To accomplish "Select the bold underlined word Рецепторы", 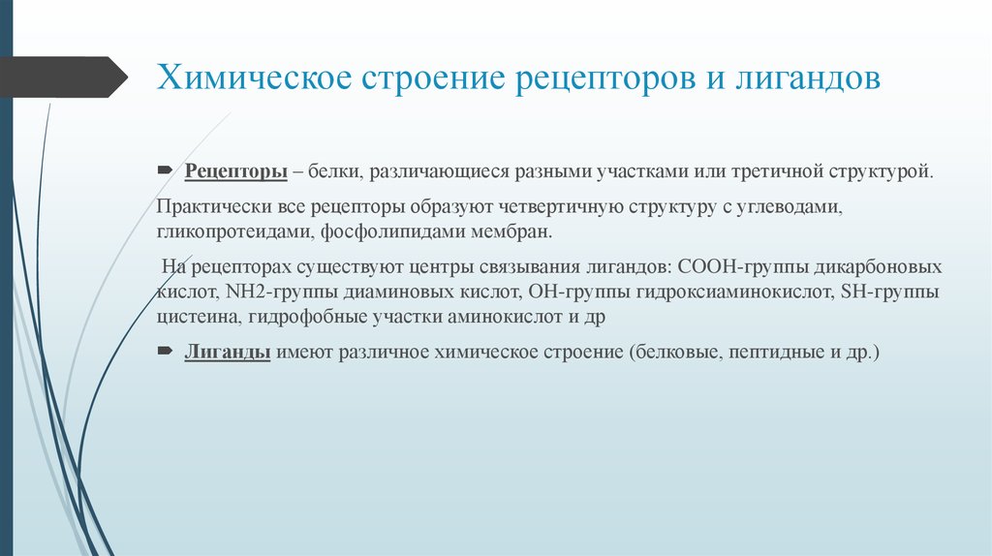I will coord(235,171).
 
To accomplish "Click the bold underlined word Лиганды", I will coord(227,352).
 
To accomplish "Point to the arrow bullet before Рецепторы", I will coord(164,170).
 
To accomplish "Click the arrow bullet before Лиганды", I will coord(164,351).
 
